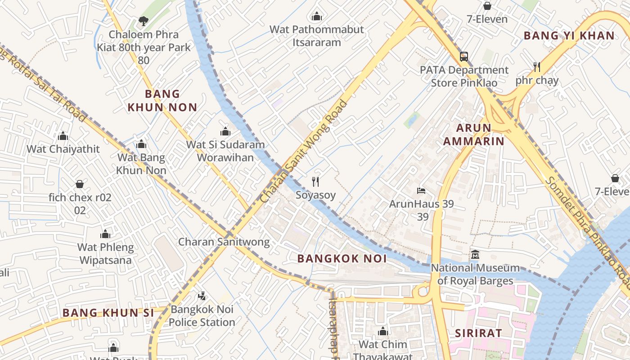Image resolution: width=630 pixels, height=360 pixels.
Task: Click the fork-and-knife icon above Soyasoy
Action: pos(315,182)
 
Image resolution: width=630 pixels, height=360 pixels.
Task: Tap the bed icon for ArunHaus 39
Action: pos(421,191)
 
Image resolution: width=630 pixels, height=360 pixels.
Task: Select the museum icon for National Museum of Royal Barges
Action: pos(475,255)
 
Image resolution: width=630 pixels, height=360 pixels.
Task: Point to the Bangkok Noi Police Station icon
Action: pos(202,296)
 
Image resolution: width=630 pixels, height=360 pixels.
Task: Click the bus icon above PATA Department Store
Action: pos(463,57)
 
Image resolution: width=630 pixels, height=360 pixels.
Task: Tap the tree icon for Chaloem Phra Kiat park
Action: pos(143,21)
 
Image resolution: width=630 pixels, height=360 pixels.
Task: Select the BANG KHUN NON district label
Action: pos(162,100)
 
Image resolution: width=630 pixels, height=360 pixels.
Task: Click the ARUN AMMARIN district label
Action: pos(473,135)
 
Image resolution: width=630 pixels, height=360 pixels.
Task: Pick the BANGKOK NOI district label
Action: pos(342,258)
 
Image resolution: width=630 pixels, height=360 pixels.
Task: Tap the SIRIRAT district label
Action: pos(478,333)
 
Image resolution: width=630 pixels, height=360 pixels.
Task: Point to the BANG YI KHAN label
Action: pos(569,36)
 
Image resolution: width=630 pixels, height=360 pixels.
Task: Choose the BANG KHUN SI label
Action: pos(108,312)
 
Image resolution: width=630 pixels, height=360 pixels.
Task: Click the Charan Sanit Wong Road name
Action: pos(304,151)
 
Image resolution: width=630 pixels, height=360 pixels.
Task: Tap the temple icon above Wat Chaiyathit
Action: pos(63,136)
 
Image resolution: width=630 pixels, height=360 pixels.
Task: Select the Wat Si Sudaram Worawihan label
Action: pos(225,151)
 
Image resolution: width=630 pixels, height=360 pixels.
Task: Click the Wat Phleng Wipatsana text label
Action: pos(106,254)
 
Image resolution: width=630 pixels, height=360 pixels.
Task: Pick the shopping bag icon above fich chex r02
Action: pos(80,184)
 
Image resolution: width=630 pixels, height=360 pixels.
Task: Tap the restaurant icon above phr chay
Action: pos(536,67)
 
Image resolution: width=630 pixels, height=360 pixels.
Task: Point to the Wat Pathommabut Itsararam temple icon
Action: pos(317,17)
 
